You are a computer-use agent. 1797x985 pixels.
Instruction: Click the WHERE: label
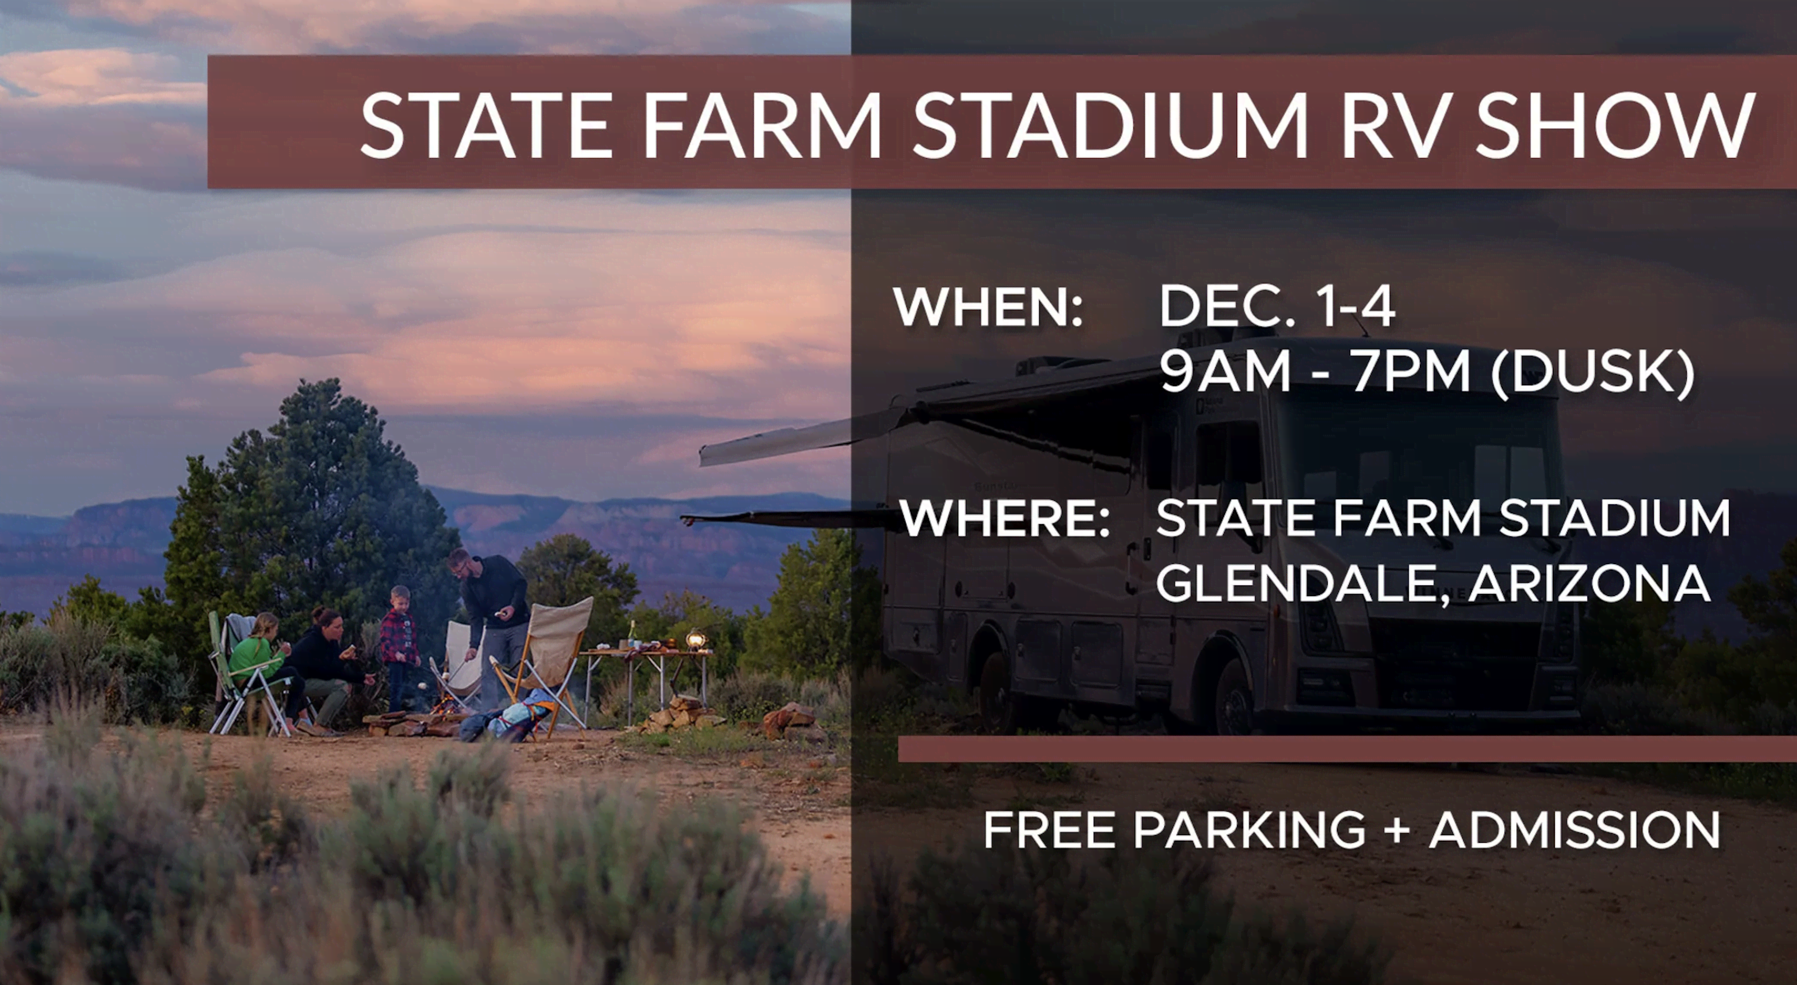1005,518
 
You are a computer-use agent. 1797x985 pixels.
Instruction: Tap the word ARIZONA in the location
1589,583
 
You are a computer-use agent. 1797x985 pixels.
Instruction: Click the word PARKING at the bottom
1249,830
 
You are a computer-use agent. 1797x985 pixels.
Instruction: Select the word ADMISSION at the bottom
1574,830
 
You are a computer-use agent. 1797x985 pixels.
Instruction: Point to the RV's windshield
1423,461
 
